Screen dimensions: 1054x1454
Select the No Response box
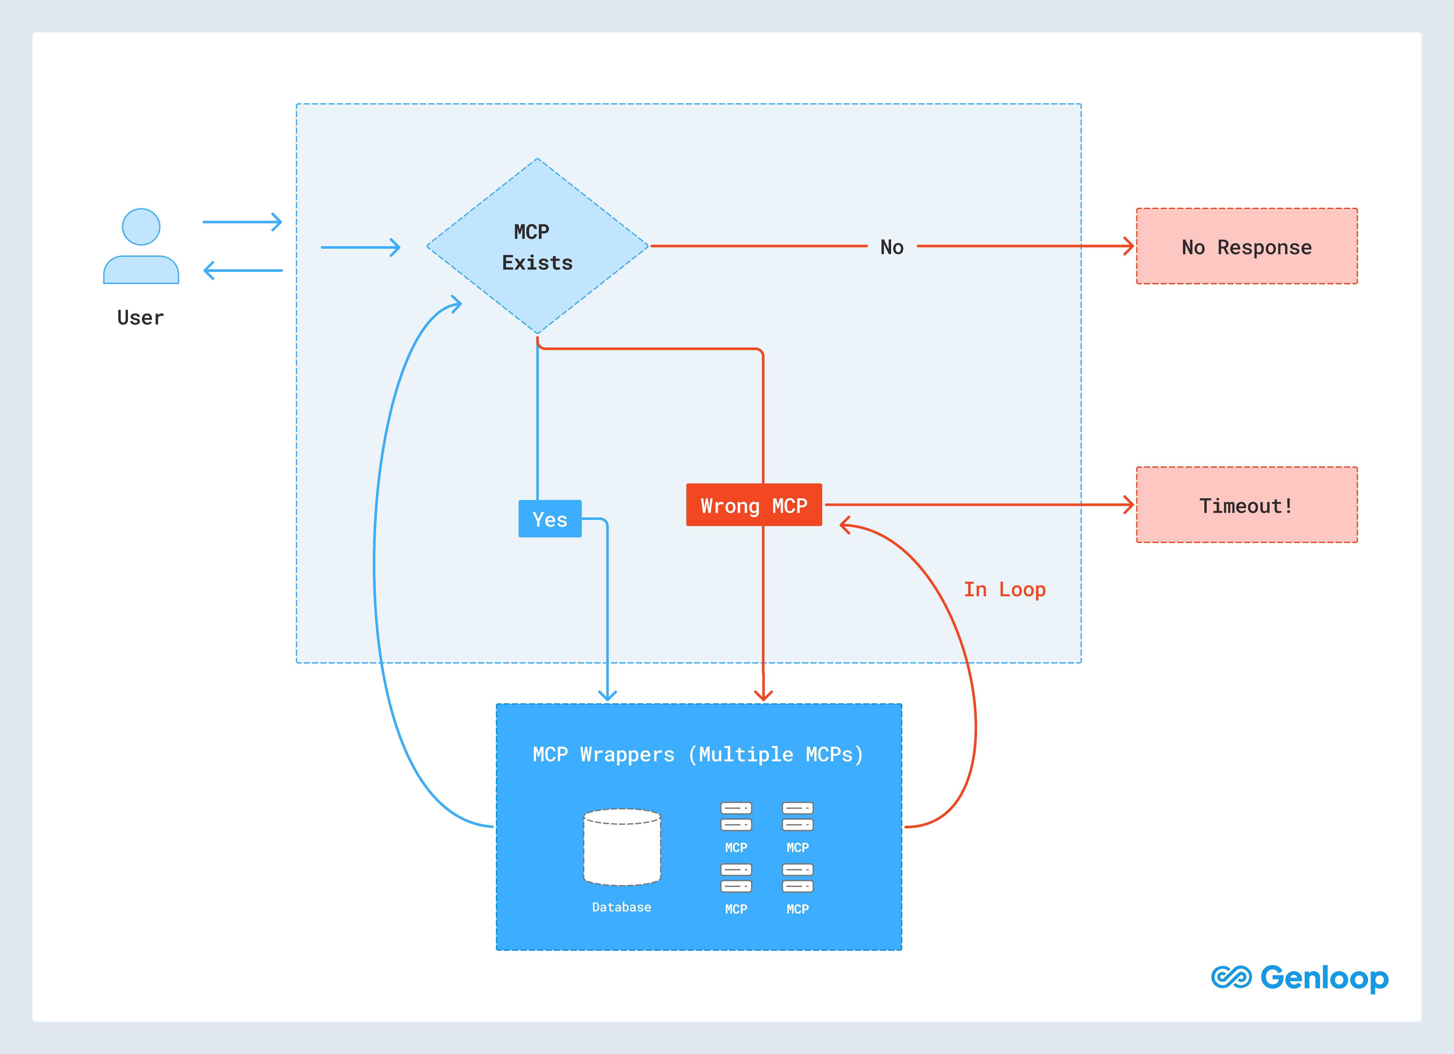pos(1246,246)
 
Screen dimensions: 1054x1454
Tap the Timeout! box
pos(1246,505)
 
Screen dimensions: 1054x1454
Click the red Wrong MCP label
pos(754,505)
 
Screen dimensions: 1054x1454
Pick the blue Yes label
pos(549,519)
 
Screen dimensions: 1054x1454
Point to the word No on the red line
pos(892,247)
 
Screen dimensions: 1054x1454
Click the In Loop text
pos(1005,589)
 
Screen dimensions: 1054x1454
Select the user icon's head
pos(141,226)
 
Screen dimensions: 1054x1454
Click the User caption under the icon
pos(140,317)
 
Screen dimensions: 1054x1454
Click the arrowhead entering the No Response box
pos(1128,246)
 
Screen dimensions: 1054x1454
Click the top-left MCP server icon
pos(736,816)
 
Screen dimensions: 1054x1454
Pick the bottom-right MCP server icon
pos(798,878)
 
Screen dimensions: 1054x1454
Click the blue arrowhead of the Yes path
pos(607,695)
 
